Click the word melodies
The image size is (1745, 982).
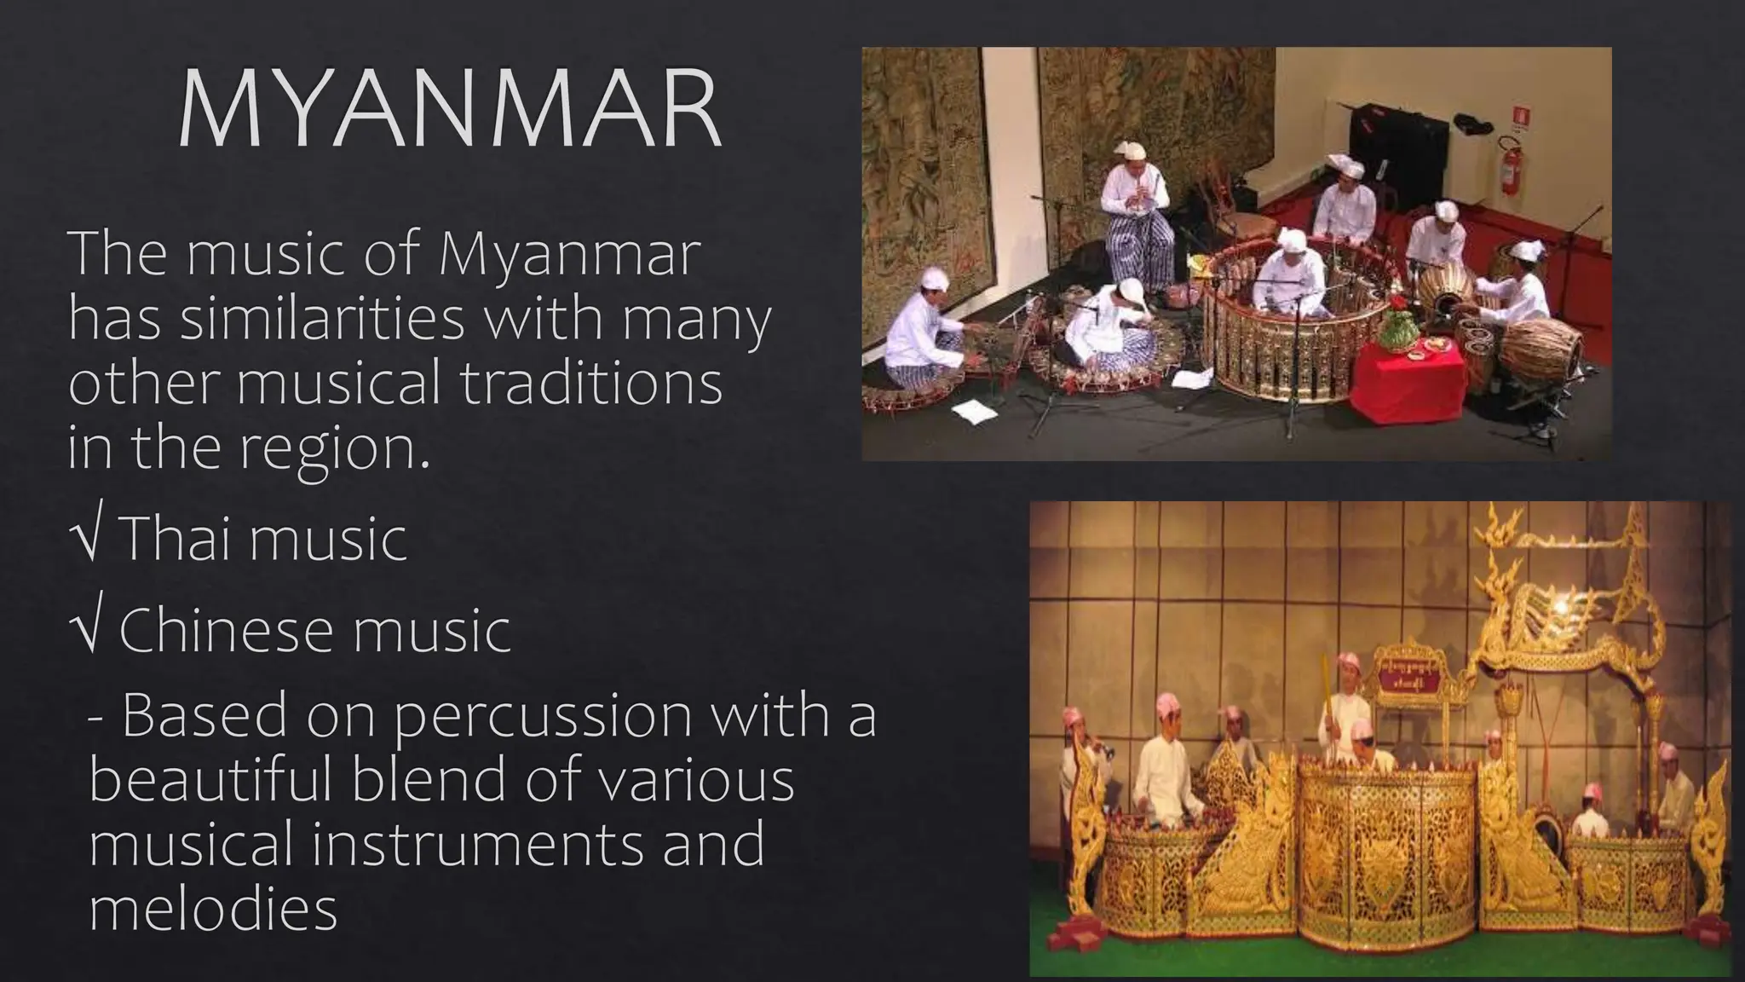213,909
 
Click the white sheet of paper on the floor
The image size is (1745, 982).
974,412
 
